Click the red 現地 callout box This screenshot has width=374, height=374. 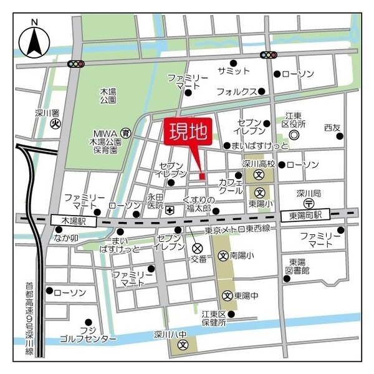coord(188,133)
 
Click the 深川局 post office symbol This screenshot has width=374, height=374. coord(308,204)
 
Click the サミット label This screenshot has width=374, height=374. coord(234,71)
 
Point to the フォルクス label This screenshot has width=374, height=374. coord(236,91)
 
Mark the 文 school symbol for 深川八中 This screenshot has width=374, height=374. coord(183,343)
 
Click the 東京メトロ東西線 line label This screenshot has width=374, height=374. coord(237,229)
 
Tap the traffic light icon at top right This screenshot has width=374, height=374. coord(269,55)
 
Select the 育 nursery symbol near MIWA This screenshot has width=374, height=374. coord(126,133)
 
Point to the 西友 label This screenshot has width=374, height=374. coord(332,128)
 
